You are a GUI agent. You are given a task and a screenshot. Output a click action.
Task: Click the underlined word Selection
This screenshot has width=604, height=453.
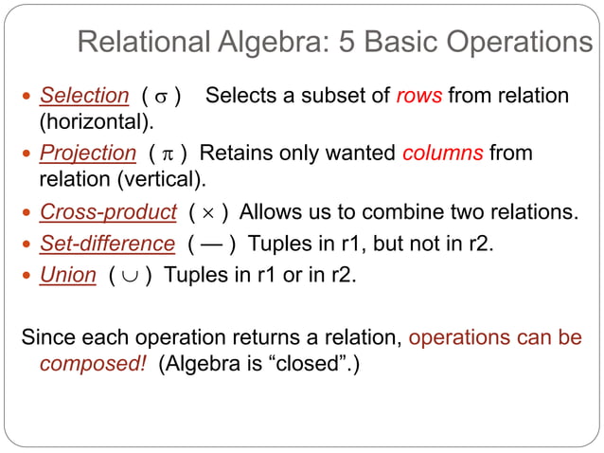83,96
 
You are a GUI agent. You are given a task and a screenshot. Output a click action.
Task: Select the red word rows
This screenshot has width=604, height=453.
418,96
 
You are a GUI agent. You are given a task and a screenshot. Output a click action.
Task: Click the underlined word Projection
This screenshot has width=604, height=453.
87,153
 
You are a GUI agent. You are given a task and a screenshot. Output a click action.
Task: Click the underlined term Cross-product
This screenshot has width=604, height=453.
108,211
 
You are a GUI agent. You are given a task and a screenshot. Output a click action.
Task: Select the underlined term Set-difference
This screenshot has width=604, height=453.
107,244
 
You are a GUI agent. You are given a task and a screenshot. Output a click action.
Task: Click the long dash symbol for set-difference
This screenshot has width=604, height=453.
211,245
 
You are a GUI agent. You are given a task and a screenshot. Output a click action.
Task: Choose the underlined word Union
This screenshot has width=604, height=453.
67,276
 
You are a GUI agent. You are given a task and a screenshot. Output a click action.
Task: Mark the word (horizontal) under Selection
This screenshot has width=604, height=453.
95,122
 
